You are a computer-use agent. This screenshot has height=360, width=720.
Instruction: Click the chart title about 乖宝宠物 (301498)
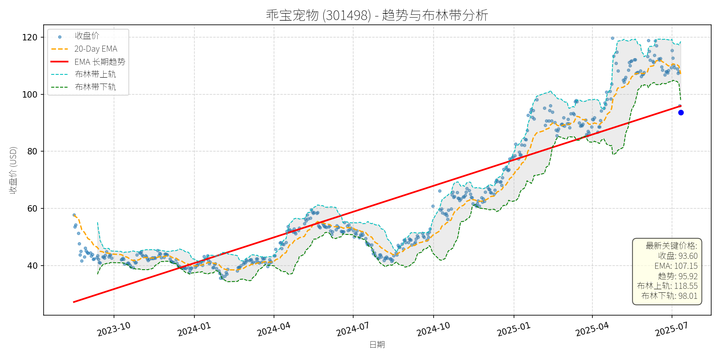point(377,15)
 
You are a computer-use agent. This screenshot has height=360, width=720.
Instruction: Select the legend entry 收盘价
point(87,36)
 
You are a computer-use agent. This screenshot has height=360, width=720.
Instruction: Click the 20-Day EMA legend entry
point(96,49)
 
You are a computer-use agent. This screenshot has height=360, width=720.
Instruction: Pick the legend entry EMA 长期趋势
point(100,62)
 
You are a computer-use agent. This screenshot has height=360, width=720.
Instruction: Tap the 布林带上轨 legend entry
point(95,74)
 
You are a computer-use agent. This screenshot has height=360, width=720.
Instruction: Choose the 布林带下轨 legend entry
point(95,87)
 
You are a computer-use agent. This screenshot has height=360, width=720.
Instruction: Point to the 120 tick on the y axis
point(30,38)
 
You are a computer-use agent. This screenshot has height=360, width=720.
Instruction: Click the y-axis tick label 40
point(32,266)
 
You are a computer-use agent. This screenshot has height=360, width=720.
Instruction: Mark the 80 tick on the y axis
point(32,152)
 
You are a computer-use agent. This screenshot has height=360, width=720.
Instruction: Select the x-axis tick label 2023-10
point(114,329)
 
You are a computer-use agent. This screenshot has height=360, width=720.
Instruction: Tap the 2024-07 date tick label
point(353,329)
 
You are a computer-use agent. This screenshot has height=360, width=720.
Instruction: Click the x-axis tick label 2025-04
point(592,329)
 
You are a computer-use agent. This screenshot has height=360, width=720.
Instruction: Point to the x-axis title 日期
point(377,344)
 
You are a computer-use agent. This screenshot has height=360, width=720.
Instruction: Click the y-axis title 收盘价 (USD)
point(14,170)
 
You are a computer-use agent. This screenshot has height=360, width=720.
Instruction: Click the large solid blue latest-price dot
point(681,113)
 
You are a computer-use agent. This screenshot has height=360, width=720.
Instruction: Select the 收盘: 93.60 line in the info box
point(678,256)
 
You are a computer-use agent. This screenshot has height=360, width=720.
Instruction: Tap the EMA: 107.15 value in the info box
point(676,266)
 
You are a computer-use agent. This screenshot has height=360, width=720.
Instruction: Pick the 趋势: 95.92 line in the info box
point(678,276)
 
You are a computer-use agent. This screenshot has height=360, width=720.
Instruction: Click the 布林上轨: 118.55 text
point(667,286)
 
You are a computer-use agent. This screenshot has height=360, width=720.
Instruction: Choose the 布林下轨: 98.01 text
point(669,296)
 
